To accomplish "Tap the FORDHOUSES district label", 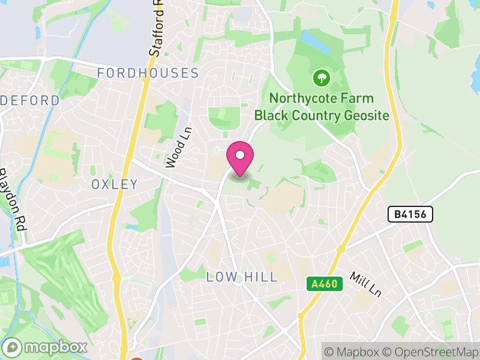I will click(148, 73).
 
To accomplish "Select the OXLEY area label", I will click(115, 184).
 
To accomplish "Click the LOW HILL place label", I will click(242, 277).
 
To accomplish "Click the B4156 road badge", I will click(410, 214).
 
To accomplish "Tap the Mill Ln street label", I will click(366, 284).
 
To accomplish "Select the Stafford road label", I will click(155, 33).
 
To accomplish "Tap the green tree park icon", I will click(322, 77).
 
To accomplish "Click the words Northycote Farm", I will click(321, 98).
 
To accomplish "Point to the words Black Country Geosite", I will click(322, 115).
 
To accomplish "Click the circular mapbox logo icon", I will click(13, 347).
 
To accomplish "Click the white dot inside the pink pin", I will click(240, 155).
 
